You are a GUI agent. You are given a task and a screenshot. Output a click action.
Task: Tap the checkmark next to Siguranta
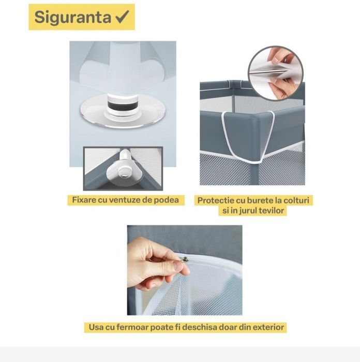[122, 17]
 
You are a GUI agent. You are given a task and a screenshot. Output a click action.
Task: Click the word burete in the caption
[263, 200]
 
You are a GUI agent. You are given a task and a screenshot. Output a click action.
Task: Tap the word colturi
[298, 200]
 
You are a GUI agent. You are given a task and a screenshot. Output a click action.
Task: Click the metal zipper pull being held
[184, 259]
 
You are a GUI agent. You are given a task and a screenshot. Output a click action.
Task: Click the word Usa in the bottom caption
[95, 327]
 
